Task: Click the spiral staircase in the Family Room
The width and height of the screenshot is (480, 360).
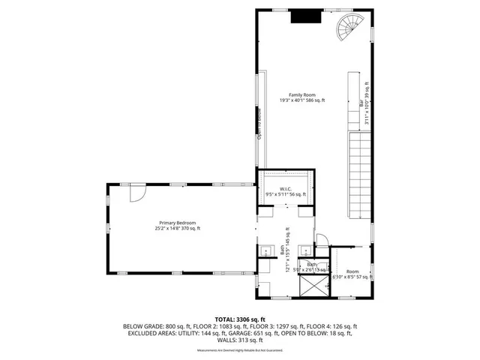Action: pyautogui.click(x=350, y=28)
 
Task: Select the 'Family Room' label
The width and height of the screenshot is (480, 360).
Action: pyautogui.click(x=302, y=95)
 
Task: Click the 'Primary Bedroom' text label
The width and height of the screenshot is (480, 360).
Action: pyautogui.click(x=177, y=223)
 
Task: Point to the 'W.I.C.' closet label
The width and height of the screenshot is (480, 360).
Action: pyautogui.click(x=286, y=189)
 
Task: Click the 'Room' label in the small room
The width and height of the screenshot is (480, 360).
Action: pyautogui.click(x=352, y=271)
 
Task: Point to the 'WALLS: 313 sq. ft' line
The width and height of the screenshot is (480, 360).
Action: pyautogui.click(x=240, y=340)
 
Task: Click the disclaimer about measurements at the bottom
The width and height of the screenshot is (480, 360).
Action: pyautogui.click(x=240, y=350)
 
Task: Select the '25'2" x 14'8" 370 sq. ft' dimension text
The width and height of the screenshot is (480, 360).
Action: pyautogui.click(x=177, y=229)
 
